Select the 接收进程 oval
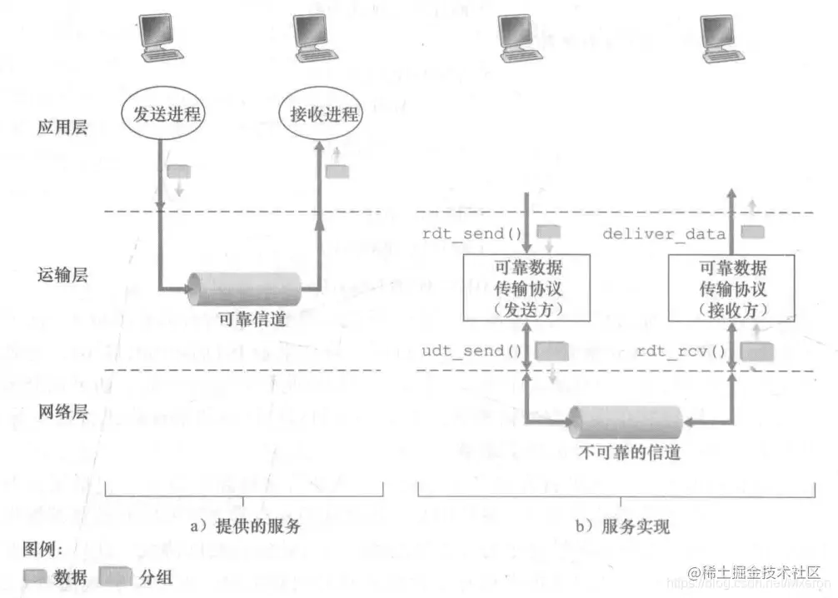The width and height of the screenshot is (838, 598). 323,113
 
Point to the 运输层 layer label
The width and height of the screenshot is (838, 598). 62,275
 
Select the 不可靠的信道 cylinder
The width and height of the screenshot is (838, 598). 626,423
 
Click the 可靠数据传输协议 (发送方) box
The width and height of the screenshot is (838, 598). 526,288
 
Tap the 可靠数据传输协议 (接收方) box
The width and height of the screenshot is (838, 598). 731,288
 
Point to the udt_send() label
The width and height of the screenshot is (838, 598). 464,350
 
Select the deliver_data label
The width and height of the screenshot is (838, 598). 664,234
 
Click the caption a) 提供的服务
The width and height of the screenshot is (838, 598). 247,526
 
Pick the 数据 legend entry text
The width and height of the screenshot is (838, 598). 70,576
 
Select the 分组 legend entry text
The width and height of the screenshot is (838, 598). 156,576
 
